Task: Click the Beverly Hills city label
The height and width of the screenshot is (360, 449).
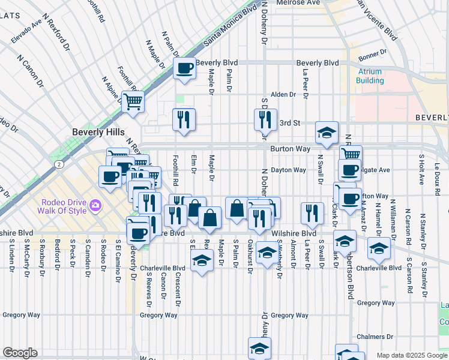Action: [98, 132]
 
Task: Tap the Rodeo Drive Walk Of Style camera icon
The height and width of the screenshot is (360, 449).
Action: [95, 207]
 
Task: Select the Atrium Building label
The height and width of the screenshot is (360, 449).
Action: [370, 76]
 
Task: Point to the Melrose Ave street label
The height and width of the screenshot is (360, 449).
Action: [298, 3]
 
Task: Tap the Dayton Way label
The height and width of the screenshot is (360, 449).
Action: [288, 170]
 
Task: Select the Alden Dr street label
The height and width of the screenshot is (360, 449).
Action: [283, 95]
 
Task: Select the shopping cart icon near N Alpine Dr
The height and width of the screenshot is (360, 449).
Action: [132, 100]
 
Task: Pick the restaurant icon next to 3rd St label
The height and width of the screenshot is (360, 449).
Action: [265, 119]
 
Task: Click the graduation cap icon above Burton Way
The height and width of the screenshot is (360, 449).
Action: [327, 133]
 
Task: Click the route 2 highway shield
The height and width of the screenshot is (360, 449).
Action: [59, 163]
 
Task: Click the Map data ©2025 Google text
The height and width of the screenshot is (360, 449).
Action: [411, 355]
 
